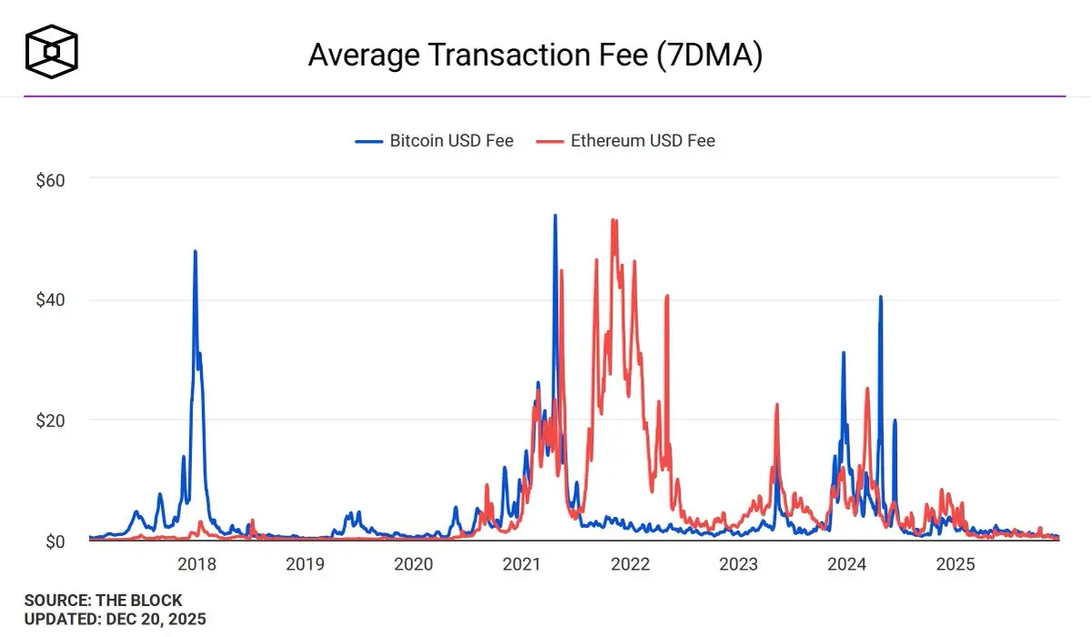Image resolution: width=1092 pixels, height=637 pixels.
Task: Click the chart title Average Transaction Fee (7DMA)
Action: tap(535, 55)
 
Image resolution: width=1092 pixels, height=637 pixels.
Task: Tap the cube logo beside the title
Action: tap(52, 50)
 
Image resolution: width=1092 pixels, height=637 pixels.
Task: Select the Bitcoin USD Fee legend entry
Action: tap(435, 141)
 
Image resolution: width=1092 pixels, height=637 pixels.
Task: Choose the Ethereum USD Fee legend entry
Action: tap(626, 141)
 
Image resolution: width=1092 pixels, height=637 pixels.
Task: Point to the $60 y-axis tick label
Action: tap(50, 180)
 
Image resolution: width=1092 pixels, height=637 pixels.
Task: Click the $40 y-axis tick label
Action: tap(50, 300)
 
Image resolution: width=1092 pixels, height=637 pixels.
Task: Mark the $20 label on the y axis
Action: tap(50, 420)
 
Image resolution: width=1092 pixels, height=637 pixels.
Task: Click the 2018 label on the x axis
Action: tap(197, 564)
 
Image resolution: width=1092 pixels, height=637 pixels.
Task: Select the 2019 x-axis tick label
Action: tap(305, 564)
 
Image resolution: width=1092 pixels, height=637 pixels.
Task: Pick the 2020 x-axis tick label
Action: tap(413, 564)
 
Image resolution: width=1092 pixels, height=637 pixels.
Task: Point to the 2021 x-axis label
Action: tap(521, 564)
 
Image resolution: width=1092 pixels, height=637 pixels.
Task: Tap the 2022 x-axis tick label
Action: tap(630, 564)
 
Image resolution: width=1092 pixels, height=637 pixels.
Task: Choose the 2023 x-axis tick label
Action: tap(738, 564)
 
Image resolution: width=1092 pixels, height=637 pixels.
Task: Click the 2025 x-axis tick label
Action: tap(955, 564)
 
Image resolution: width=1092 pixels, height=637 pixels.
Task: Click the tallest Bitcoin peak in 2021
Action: tap(555, 216)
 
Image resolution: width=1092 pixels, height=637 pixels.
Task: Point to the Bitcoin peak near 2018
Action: tap(195, 251)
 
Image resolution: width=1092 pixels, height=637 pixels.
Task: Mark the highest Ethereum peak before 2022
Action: tap(613, 220)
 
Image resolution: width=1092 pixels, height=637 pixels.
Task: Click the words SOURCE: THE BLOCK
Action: tap(103, 601)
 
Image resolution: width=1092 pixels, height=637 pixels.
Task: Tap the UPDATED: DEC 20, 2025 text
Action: tap(115, 620)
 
